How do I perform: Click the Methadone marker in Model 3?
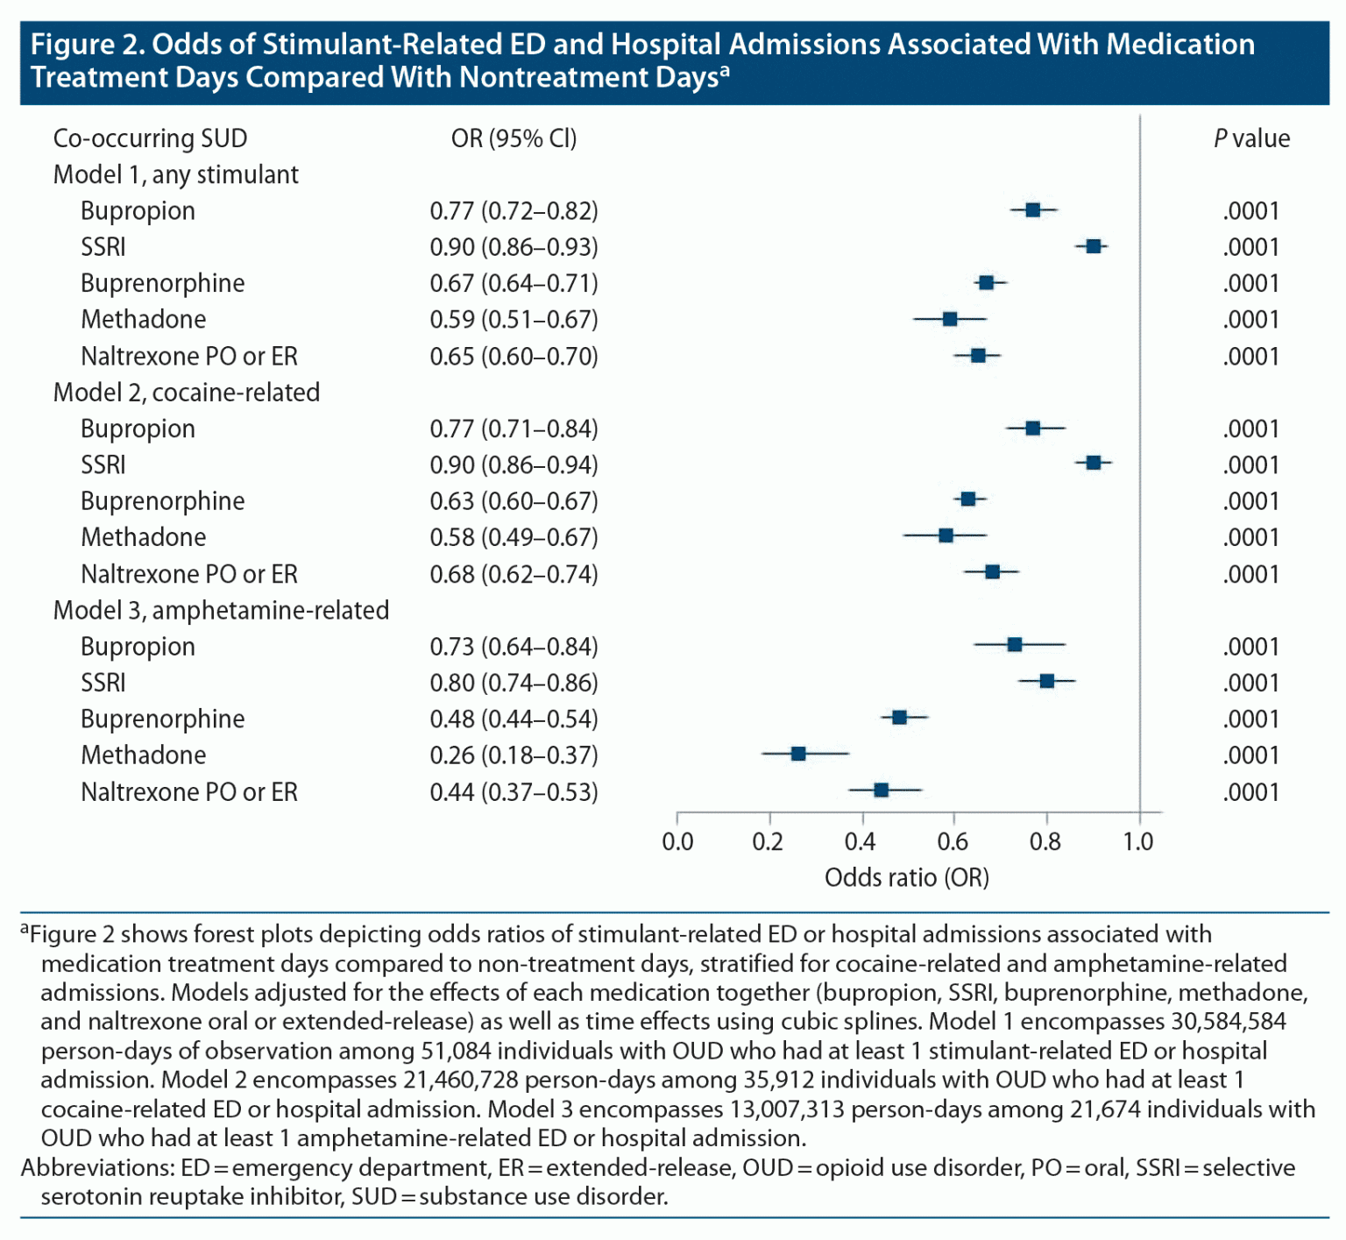[x=798, y=754]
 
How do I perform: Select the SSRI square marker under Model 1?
[x=1094, y=246]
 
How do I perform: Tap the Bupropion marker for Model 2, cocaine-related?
[x=1033, y=428]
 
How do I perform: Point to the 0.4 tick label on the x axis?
[x=861, y=842]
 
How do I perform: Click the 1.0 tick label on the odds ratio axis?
[x=1138, y=842]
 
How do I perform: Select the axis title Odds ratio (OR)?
[x=906, y=877]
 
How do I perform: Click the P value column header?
[x=1251, y=138]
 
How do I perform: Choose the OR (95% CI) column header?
[x=514, y=138]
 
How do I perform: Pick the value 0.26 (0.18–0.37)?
[x=514, y=755]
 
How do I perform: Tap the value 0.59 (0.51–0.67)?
[x=514, y=319]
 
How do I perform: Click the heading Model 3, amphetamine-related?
[x=221, y=610]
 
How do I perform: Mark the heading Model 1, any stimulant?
[x=175, y=174]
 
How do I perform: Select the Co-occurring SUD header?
[x=150, y=138]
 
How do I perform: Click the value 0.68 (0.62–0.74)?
[x=514, y=574]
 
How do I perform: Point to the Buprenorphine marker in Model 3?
[x=899, y=718]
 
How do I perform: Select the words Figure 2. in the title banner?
[x=88, y=45]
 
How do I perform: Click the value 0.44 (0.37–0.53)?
[x=514, y=792]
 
